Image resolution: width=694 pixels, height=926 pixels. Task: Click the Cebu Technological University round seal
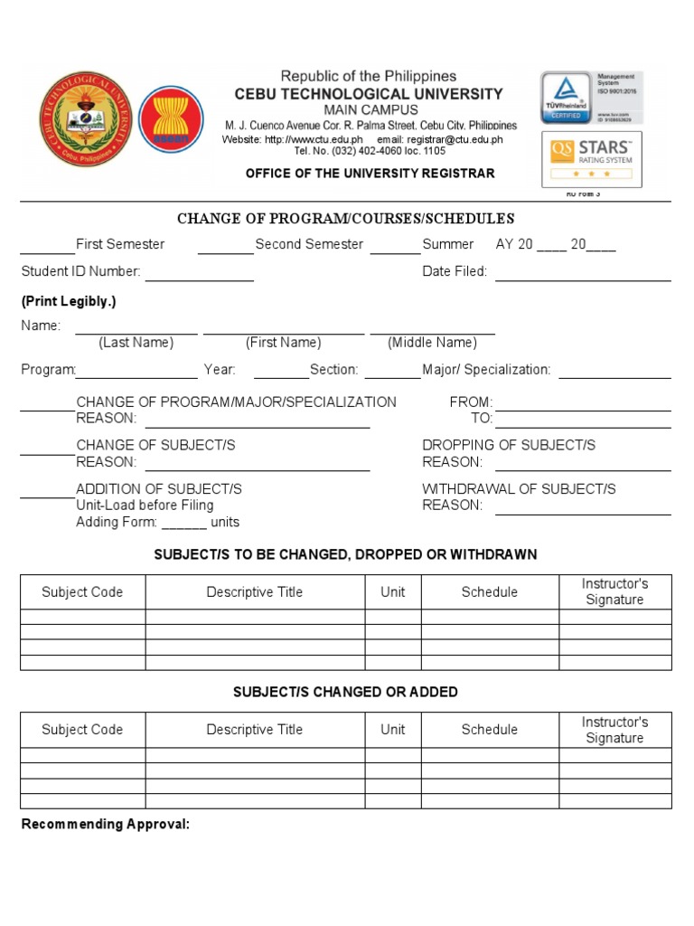[x=86, y=118]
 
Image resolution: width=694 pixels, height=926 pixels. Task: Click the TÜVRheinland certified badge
[x=566, y=98]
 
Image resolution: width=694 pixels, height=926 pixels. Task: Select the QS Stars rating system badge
[x=592, y=158]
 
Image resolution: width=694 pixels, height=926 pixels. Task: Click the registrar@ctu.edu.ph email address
[x=440, y=140]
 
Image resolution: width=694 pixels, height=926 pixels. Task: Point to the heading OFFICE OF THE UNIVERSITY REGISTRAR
[x=370, y=173]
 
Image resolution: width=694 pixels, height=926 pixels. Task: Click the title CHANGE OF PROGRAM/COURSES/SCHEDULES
[x=346, y=219]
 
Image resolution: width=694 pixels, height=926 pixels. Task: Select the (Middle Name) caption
[x=432, y=343]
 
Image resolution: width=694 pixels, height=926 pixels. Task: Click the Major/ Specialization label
[x=486, y=370]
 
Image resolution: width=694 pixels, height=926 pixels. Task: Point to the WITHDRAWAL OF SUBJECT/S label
[x=519, y=489]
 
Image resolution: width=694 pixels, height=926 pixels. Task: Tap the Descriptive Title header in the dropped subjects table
[x=255, y=592]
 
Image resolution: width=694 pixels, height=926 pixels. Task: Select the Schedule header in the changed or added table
[x=490, y=730]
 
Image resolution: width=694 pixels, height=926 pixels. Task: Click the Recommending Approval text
[x=106, y=825]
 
